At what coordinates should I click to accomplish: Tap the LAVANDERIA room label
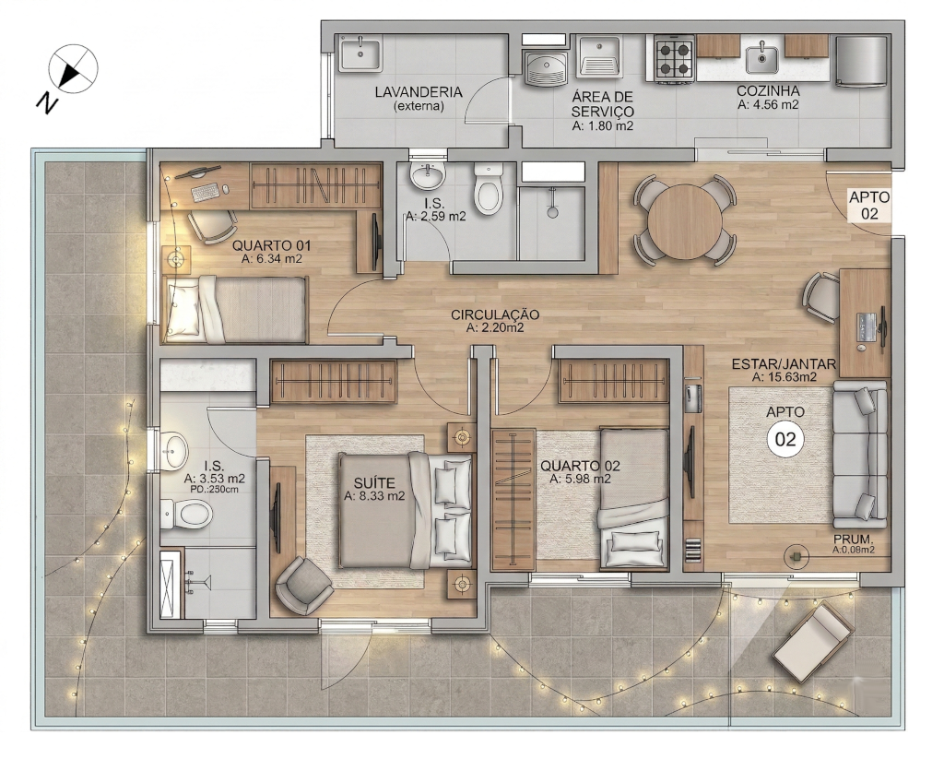pos(419,92)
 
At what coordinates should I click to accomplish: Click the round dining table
pos(685,219)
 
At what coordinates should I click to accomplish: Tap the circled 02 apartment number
pos(785,439)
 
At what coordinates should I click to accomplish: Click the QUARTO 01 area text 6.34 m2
pos(272,259)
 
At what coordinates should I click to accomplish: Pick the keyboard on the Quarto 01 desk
pos(206,193)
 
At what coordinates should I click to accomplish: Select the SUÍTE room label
pos(374,483)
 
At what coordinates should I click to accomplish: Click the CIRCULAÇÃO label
pos(495,314)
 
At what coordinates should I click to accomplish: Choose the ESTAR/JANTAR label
pos(784,364)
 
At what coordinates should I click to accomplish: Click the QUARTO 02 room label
pos(580,466)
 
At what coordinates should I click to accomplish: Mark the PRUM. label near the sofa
pos(853,540)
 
